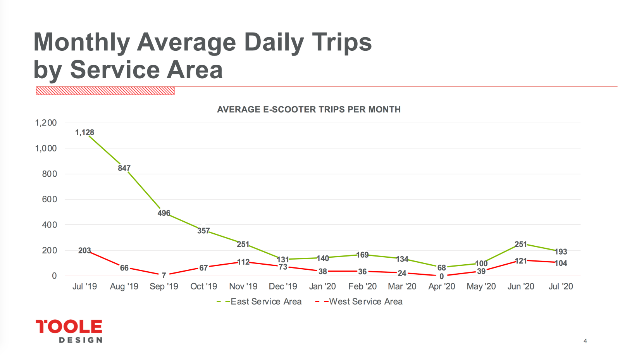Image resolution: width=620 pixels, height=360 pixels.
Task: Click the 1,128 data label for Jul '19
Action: tap(84, 133)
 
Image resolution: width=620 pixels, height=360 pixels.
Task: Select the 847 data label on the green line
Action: tap(124, 168)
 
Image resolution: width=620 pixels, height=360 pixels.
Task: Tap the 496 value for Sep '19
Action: tap(164, 213)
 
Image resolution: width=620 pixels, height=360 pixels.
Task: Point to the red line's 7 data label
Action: tap(164, 276)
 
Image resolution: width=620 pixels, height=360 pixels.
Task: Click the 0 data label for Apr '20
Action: tap(441, 276)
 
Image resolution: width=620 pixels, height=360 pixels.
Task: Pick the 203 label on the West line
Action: tap(84, 251)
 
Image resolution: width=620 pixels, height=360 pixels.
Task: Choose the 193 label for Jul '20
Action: tap(561, 252)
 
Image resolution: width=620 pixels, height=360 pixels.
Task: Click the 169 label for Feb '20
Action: tap(362, 255)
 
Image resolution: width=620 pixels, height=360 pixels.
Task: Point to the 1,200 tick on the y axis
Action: tap(46, 123)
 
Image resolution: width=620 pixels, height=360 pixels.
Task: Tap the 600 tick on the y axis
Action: tap(49, 199)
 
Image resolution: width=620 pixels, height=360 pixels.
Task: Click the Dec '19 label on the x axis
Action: tap(283, 286)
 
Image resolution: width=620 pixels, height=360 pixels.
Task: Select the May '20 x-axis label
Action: tap(481, 286)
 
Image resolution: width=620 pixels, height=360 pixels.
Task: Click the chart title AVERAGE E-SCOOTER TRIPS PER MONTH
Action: tap(308, 110)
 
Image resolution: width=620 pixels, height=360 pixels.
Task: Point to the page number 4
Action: tap(585, 341)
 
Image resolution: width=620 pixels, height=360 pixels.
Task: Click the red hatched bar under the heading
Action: tap(105, 91)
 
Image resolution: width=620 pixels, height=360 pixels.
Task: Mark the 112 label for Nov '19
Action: tap(243, 262)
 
